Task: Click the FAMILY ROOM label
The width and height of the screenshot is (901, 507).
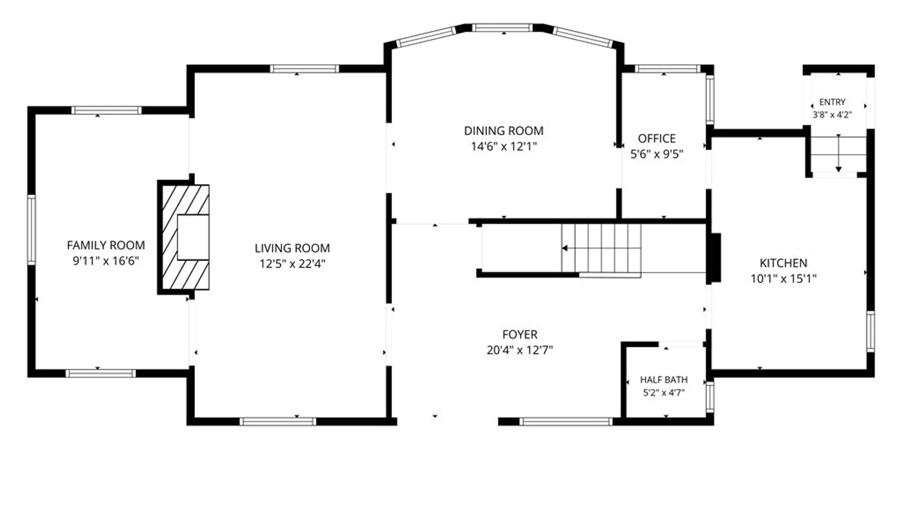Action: point(106,245)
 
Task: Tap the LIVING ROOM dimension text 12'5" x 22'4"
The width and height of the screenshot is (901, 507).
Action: point(292,263)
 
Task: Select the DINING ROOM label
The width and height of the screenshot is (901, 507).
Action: point(504,131)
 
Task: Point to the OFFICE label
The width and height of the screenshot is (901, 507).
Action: point(657,138)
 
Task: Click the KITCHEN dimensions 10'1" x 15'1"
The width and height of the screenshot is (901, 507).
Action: point(783,278)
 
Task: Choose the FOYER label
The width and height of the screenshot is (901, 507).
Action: point(519,334)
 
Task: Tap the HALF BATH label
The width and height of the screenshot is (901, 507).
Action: point(664,379)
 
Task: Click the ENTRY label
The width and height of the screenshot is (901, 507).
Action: point(832,102)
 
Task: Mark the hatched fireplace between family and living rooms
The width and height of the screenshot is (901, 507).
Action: point(183,237)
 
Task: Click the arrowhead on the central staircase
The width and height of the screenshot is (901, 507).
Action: point(565,248)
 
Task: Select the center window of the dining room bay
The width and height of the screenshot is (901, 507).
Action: point(502,28)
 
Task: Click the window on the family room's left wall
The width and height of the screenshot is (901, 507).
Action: point(31,230)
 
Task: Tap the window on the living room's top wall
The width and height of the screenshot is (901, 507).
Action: point(304,69)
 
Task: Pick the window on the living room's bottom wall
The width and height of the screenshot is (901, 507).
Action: point(278,422)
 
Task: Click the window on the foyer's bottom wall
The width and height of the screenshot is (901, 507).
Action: point(565,422)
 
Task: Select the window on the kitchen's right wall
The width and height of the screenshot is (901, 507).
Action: point(870,331)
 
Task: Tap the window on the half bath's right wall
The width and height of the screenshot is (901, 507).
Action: point(710,397)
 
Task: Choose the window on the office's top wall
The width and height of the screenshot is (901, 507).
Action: point(667,69)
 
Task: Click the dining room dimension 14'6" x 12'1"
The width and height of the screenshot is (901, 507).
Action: point(504,146)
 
